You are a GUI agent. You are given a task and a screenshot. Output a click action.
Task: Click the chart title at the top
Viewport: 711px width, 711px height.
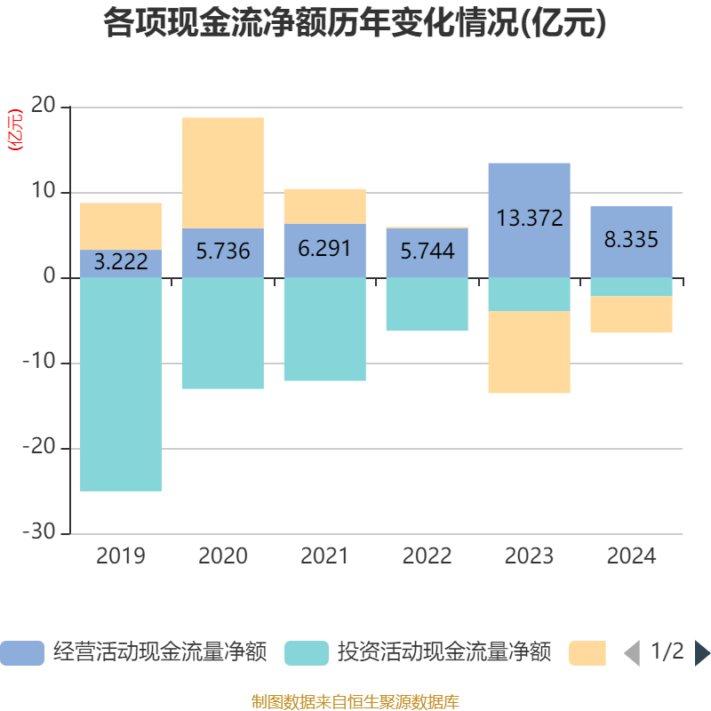point(355,23)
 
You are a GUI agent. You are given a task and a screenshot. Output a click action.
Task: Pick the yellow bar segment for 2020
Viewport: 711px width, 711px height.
point(223,172)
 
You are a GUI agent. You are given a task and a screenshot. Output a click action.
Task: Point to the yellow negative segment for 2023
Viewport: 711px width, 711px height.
point(530,352)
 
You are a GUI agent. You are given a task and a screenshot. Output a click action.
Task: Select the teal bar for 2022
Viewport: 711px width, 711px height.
point(427,304)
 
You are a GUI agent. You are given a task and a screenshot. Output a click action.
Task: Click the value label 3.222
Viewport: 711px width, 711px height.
point(121,263)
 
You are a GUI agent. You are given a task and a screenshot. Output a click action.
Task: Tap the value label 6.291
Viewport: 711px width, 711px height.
point(325,250)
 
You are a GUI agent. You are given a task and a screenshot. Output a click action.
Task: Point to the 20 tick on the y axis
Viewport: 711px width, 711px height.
point(43,107)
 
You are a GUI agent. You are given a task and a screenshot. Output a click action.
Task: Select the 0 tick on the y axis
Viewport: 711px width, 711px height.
point(50,277)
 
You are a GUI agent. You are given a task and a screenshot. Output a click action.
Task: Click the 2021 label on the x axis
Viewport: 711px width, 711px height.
point(325,557)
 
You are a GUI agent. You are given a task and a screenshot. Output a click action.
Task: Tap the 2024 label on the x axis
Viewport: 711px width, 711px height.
point(632,557)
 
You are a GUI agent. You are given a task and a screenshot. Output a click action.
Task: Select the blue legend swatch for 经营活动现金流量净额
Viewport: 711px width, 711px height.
point(22,653)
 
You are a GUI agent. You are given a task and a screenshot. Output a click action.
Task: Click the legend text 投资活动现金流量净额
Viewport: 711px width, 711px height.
point(444,653)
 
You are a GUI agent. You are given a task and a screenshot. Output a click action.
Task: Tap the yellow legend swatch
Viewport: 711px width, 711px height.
point(587,653)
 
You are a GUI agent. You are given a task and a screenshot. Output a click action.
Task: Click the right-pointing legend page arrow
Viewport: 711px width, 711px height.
point(701,653)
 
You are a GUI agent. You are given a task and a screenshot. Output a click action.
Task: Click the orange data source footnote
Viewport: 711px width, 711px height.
point(355,701)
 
